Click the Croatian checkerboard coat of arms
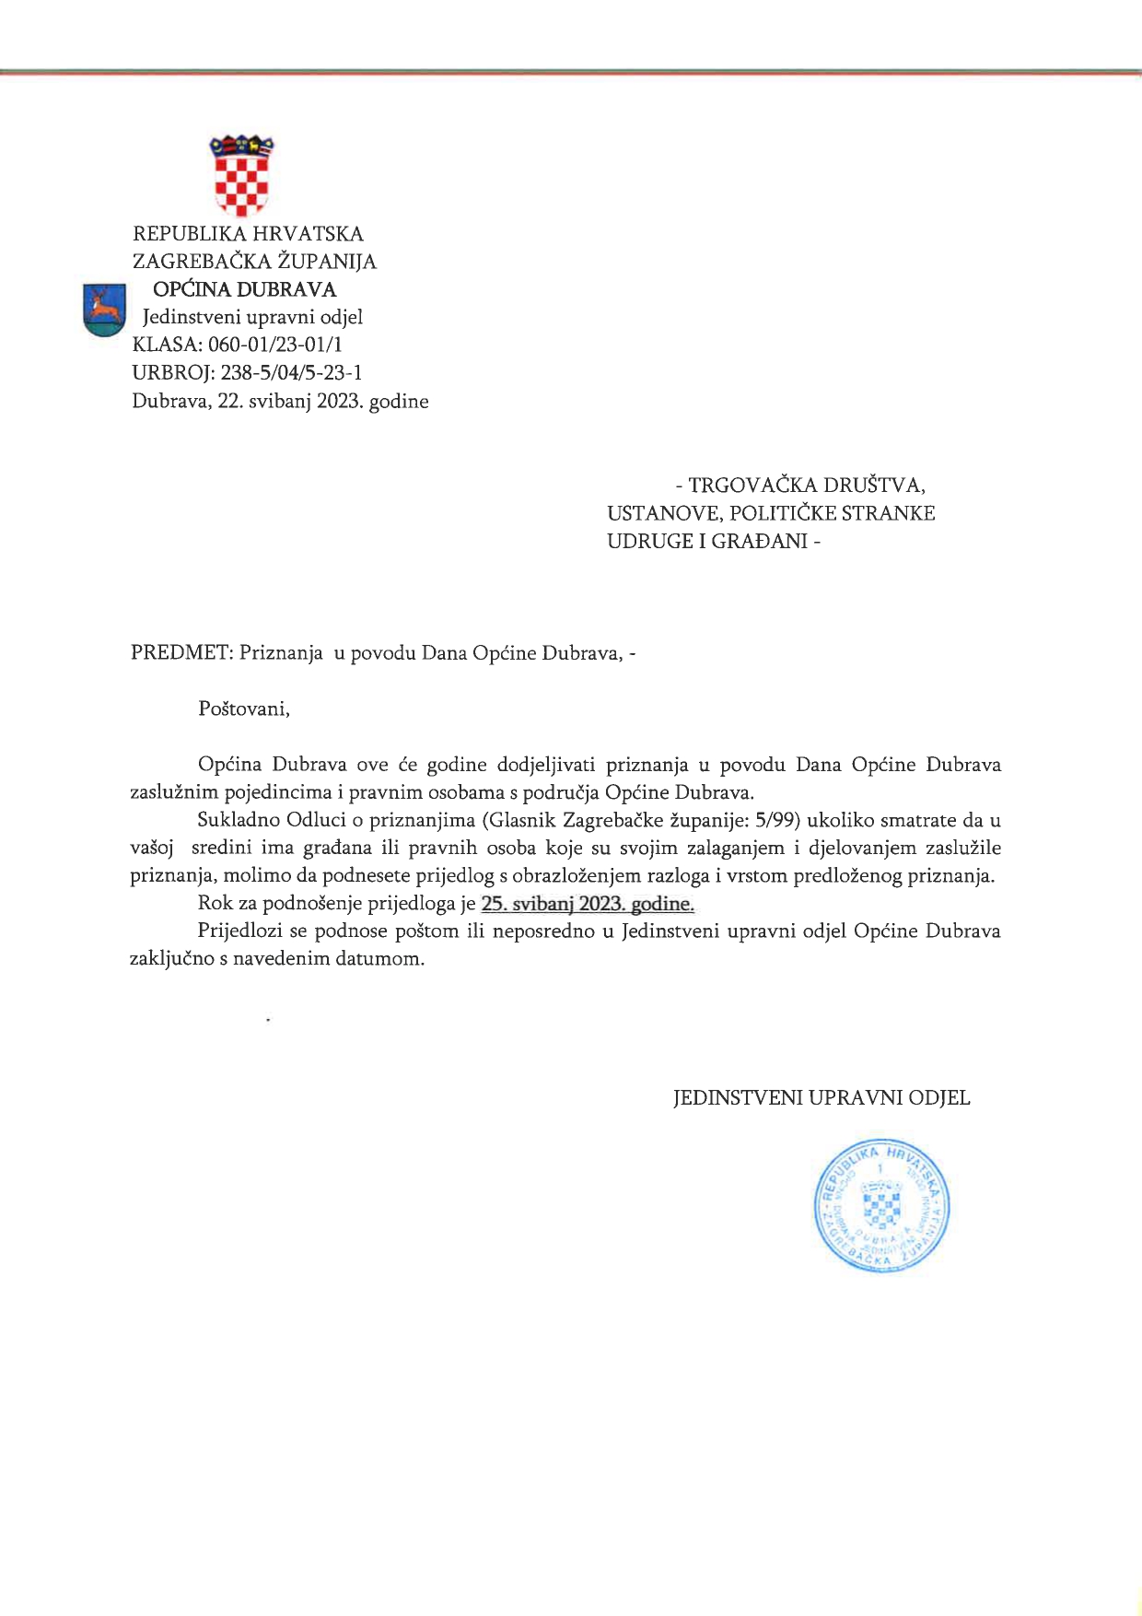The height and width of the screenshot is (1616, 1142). [241, 175]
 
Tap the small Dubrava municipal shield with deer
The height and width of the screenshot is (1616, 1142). [104, 310]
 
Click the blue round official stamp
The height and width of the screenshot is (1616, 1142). [881, 1206]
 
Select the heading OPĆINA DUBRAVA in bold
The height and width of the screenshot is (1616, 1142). [244, 289]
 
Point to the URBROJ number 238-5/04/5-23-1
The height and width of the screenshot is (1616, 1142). [291, 372]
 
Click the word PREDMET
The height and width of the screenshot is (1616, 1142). [180, 653]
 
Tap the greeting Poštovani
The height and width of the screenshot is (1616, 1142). [244, 708]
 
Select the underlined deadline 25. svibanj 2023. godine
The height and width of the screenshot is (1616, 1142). [588, 904]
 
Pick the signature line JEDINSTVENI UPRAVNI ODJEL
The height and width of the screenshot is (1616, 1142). [822, 1098]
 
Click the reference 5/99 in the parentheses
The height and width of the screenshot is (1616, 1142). [774, 820]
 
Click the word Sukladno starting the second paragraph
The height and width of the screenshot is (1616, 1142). [239, 820]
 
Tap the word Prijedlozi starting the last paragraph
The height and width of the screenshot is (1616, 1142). [241, 931]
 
